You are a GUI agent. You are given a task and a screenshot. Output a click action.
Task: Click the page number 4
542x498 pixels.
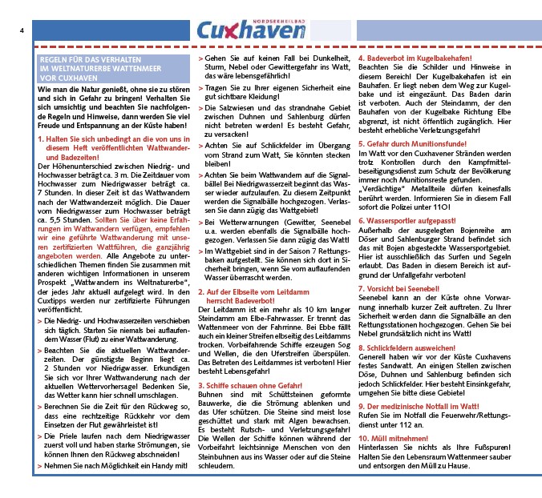tap(21, 30)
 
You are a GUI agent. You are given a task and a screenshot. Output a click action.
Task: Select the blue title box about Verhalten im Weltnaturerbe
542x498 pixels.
tap(114, 69)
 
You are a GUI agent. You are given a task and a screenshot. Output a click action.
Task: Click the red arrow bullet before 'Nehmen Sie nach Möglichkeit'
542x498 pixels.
tap(40, 465)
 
